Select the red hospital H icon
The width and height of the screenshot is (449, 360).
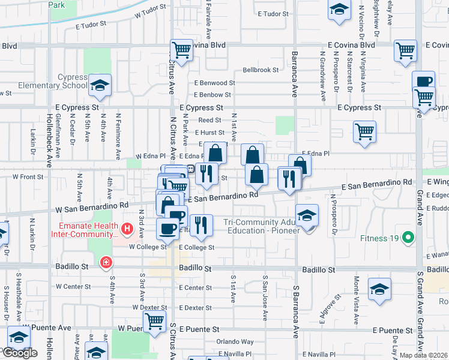point(127,229)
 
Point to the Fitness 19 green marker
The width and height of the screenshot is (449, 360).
point(409,238)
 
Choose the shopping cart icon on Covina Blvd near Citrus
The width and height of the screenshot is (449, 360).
point(181,50)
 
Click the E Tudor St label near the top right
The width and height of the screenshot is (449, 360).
point(274,13)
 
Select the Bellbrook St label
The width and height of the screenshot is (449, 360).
point(261,70)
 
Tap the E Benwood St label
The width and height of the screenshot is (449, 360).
point(214,83)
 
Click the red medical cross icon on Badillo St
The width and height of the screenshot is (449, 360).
point(106,262)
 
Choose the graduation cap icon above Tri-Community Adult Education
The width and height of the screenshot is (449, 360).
point(307,215)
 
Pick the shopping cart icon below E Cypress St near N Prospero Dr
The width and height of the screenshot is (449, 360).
point(364,131)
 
